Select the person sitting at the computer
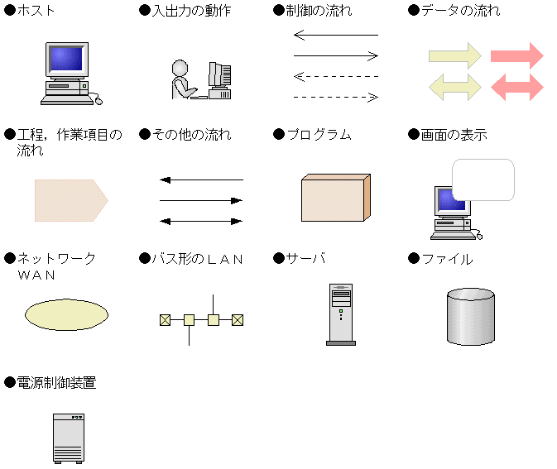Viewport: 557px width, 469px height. (x=180, y=81)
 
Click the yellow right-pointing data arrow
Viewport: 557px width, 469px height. (x=454, y=56)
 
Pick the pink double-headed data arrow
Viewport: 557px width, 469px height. (x=517, y=86)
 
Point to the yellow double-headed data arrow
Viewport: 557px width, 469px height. (x=454, y=86)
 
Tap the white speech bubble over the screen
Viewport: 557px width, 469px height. (x=483, y=180)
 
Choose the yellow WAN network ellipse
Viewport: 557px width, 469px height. (x=66, y=315)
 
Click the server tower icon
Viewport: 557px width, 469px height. (x=340, y=313)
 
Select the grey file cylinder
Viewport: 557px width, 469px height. (x=470, y=317)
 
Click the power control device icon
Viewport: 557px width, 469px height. (x=70, y=438)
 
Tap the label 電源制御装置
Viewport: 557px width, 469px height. (x=56, y=383)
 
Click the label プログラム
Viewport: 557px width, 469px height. (x=319, y=135)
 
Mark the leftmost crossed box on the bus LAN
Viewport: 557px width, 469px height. (x=165, y=319)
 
